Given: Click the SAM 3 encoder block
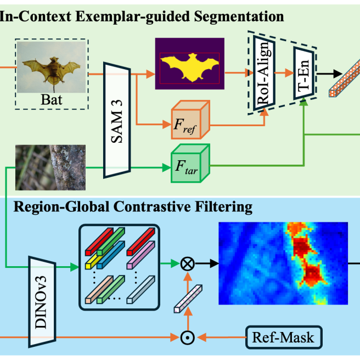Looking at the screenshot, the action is tap(117, 120).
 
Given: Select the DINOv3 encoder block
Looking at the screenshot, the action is tap(42, 302).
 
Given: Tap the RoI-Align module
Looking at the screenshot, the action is tap(264, 73).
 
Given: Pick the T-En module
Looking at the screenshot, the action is tap(304, 73).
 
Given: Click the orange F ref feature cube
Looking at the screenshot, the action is tap(190, 120).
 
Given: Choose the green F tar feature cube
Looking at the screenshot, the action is tap(190, 163).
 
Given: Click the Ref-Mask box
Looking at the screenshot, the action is tap(284, 337).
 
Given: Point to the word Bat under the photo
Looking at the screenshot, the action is tap(52, 100).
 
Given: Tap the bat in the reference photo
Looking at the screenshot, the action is tap(52, 70).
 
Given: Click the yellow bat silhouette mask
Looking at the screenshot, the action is tap(190, 67).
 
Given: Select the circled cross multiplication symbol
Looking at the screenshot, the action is tap(188, 264).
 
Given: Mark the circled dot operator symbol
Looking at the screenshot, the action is tap(188, 337).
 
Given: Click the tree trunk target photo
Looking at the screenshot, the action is tap(50, 167).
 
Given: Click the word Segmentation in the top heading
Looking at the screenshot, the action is tap(239, 17).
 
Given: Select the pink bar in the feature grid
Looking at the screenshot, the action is tap(140, 255).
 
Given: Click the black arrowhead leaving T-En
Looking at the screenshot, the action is tap(338, 74).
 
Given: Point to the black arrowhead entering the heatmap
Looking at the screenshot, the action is tap(214, 264).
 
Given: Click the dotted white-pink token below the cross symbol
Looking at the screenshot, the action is tap(188, 299).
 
